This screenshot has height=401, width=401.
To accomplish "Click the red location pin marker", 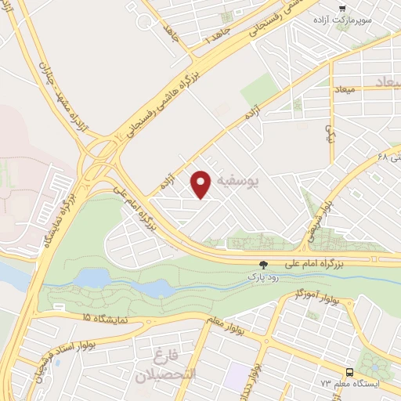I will point(203,184).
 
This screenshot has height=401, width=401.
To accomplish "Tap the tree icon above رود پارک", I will point(263,265).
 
